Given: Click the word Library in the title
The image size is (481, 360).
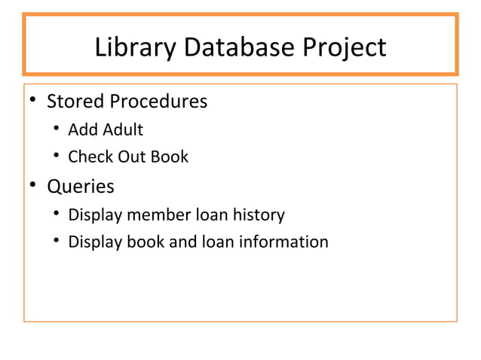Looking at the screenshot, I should pos(134,47).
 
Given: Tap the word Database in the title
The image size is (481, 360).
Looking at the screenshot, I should pos(237,47).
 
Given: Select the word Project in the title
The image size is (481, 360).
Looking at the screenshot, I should pos(343,48).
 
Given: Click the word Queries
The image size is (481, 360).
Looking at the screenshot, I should pos(81,186).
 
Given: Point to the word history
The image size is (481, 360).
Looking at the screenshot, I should pos(259,215).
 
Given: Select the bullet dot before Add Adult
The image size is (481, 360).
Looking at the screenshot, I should pos(56,130).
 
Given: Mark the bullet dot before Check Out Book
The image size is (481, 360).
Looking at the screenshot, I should pos(56,157).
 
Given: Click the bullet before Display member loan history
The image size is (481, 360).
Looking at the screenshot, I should pos(56,215).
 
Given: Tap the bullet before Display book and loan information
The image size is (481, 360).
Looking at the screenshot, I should pos(56,243).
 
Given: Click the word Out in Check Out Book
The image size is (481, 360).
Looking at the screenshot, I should pos(130,157).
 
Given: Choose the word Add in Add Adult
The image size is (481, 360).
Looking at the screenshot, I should pos(80,130).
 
